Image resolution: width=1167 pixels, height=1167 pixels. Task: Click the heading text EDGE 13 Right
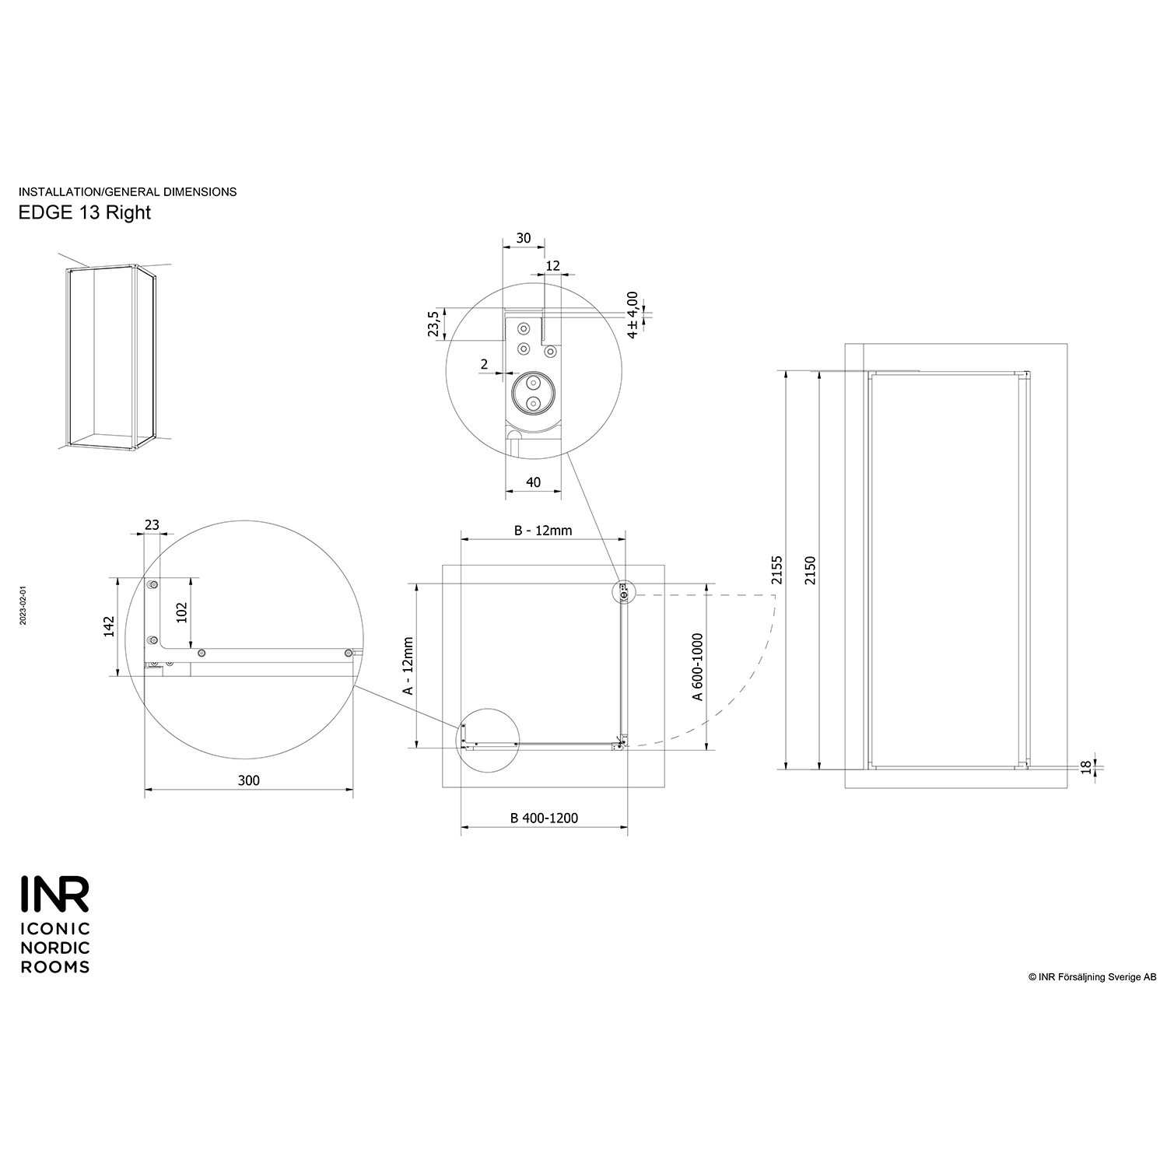coord(84,212)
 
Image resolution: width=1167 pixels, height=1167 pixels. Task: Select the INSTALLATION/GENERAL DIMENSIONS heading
coord(128,191)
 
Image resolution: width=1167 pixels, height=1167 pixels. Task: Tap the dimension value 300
coord(249,780)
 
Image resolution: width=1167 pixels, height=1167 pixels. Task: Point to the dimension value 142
coord(109,626)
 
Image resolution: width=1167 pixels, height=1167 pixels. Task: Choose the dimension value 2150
coord(811,570)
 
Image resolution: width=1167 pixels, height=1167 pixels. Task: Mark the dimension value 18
coord(1085,766)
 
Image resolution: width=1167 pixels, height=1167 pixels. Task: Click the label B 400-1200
coord(544,818)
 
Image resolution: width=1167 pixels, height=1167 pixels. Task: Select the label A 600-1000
coord(698,667)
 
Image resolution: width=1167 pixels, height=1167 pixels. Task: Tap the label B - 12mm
coord(543,531)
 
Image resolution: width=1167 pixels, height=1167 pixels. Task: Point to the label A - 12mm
coord(407,666)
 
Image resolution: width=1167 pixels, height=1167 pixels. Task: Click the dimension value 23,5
coord(434,323)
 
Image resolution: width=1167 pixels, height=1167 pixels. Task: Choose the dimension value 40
coord(533,482)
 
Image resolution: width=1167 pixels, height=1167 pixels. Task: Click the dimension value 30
coord(523,238)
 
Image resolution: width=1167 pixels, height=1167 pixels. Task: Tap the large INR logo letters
coord(54,895)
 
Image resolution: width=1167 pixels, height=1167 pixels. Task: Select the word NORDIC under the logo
coord(54,948)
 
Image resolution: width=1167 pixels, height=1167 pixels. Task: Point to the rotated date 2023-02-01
coord(23,605)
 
